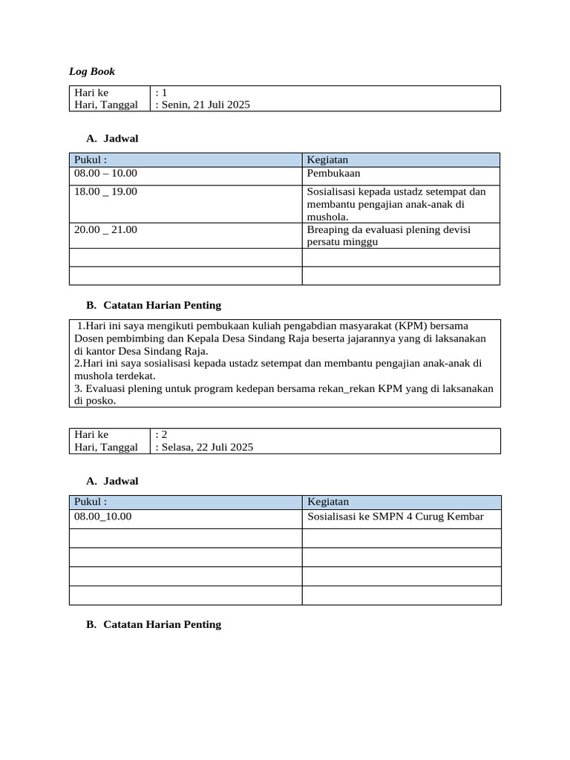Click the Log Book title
pos(92,71)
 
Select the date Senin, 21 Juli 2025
pos(205,105)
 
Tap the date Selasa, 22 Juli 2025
pos(207,447)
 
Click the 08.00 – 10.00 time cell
pos(105,173)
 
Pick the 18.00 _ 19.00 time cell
pos(105,191)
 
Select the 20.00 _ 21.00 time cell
pos(105,230)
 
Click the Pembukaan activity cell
pos(333,173)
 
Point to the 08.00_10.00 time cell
pos(102,516)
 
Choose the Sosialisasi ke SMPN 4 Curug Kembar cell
pos(395,516)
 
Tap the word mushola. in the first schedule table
pos(327,217)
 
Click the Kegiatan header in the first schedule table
pos(327,160)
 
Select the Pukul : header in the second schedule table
pos(91,502)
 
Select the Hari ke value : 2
pos(161,434)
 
